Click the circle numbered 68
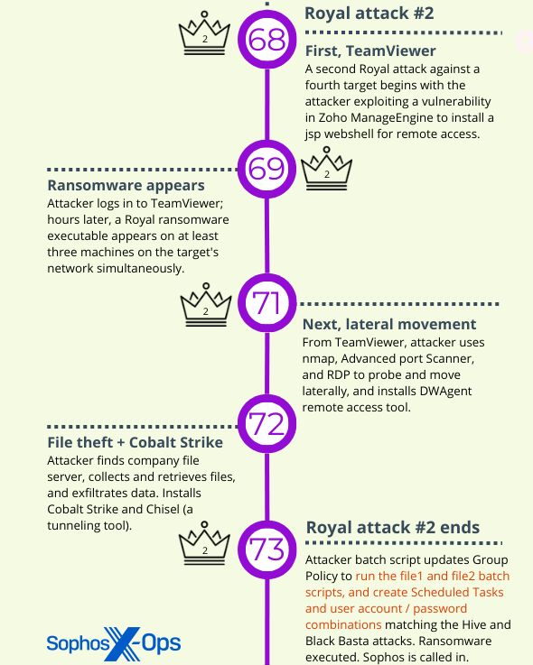click(x=266, y=40)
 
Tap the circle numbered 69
click(x=266, y=169)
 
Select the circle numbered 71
click(x=266, y=303)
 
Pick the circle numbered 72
click(x=266, y=424)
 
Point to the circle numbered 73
click(x=266, y=550)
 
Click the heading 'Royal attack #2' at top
click(x=369, y=14)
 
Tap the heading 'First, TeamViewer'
click(x=370, y=51)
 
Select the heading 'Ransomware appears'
click(x=126, y=185)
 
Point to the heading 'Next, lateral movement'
click(x=389, y=324)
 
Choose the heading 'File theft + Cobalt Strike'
click(x=135, y=442)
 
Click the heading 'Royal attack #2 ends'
click(x=393, y=528)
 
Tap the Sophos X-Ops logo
click(x=114, y=643)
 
